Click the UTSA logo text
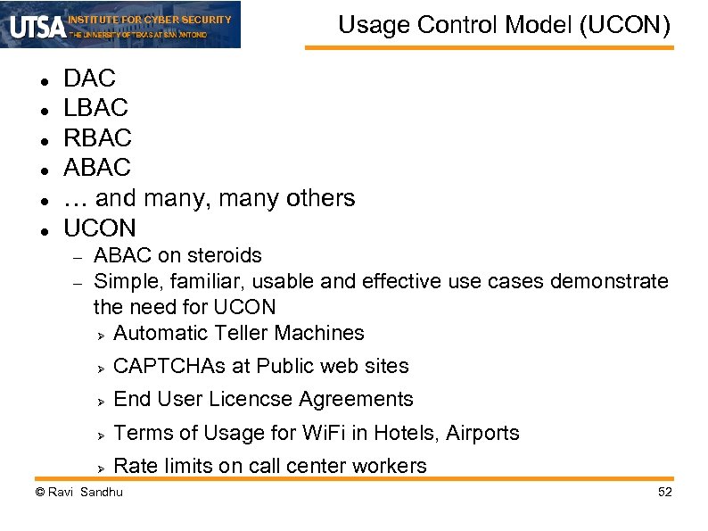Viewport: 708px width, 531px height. pos(37,25)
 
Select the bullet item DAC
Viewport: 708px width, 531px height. pos(89,79)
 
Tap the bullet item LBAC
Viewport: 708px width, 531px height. pos(95,108)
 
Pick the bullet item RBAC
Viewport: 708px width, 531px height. pos(97,138)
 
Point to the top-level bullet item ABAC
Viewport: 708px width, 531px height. pos(97,168)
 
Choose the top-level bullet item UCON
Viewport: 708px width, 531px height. pos(100,228)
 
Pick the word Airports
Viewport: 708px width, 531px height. pos(482,433)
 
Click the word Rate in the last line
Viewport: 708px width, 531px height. pos(136,466)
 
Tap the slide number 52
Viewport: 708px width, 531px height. pos(663,493)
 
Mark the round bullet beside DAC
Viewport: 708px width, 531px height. pos(43,79)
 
